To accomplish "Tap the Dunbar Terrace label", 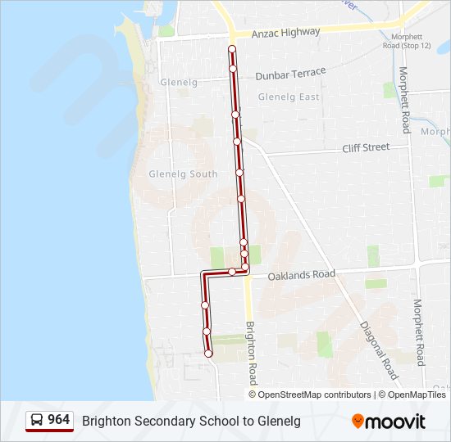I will click(290, 74).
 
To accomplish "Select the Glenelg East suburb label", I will click(289, 97).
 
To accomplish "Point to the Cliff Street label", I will click(365, 147).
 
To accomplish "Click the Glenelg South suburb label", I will click(183, 174).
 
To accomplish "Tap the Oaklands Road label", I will click(302, 275).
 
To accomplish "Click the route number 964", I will click(58, 420).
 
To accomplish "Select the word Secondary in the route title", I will click(158, 421).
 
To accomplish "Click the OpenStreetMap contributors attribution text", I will click(315, 395).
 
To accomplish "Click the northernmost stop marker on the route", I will click(232, 50).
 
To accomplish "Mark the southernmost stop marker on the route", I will click(208, 354).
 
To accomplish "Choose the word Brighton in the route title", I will click(105, 421).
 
